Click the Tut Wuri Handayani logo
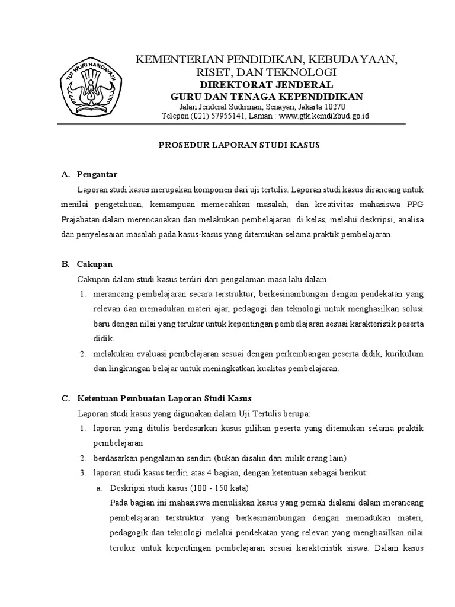coord(91,91)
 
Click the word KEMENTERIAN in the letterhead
coord(177,60)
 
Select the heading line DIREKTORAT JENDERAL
coord(266,84)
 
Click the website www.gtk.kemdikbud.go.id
coord(323,116)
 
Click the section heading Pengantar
coord(98,174)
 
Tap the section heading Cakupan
coord(95,264)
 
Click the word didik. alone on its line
coord(102,339)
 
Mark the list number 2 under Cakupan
coord(82,354)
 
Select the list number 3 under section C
coord(82,472)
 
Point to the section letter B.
coord(65,264)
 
